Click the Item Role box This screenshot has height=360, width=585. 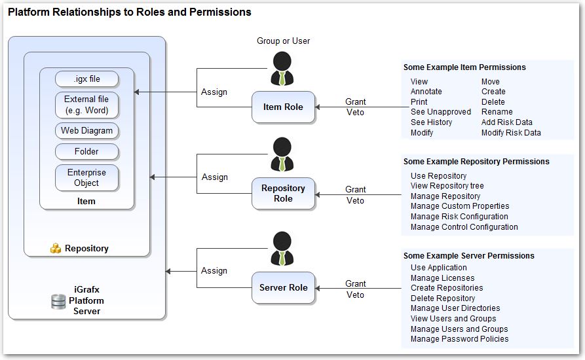283,107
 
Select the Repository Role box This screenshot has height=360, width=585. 283,193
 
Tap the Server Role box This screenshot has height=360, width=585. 283,288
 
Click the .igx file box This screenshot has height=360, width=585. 86,79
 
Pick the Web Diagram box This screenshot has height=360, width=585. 86,131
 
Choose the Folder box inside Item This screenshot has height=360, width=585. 86,152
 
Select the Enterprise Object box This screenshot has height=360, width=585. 86,177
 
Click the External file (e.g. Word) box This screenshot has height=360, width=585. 86,105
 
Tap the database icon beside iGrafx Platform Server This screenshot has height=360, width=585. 58,302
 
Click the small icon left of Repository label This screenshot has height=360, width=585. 56,249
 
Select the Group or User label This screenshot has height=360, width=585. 283,41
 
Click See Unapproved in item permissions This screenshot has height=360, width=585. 440,112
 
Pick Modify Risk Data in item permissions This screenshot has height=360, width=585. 511,133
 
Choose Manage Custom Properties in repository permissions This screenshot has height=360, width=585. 459,206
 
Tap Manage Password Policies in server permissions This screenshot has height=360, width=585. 459,339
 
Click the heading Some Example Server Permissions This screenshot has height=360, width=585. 468,256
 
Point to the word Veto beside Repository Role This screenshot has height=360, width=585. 355,201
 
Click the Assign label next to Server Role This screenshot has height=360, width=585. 214,271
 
